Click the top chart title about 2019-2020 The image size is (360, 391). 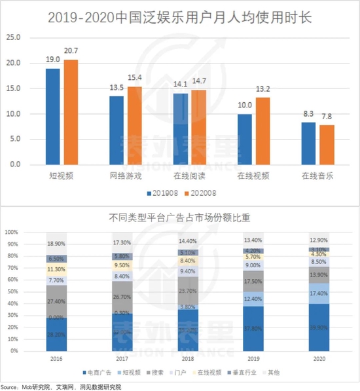click(x=180, y=18)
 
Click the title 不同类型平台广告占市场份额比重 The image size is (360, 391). click(x=180, y=217)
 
